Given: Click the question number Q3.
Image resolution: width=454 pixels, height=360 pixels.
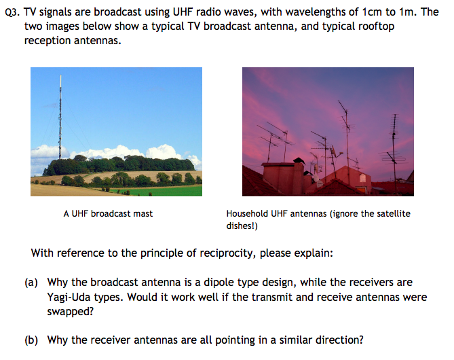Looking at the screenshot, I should click(13, 12).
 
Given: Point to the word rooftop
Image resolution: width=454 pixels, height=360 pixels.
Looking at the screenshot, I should click(375, 26).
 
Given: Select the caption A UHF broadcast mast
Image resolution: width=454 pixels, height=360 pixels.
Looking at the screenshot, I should click(108, 213).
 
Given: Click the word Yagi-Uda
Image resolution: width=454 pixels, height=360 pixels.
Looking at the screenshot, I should click(71, 297).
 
